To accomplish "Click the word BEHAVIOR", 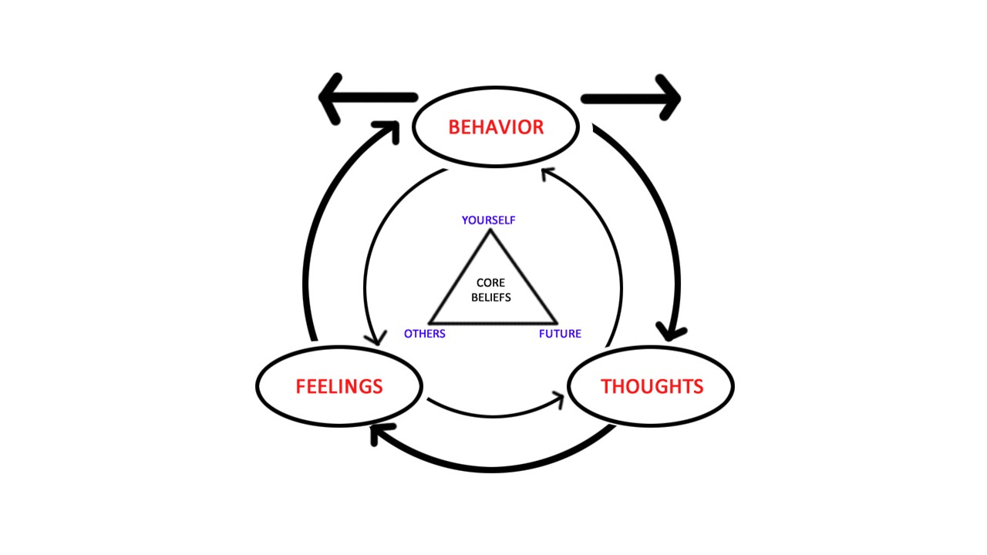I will click(496, 127).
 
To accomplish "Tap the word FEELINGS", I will click(339, 386).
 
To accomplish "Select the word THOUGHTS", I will click(652, 386).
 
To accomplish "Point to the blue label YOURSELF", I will click(488, 220).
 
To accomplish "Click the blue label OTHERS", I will click(425, 334).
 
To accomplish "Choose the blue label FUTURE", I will click(560, 334).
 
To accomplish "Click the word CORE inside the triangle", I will click(490, 283).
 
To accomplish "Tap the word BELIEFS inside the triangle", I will click(491, 297).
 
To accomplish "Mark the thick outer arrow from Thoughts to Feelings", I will click(493, 466).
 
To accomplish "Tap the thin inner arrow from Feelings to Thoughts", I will click(493, 414).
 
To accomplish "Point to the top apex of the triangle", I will click(490, 230).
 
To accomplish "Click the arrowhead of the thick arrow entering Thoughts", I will click(672, 332).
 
